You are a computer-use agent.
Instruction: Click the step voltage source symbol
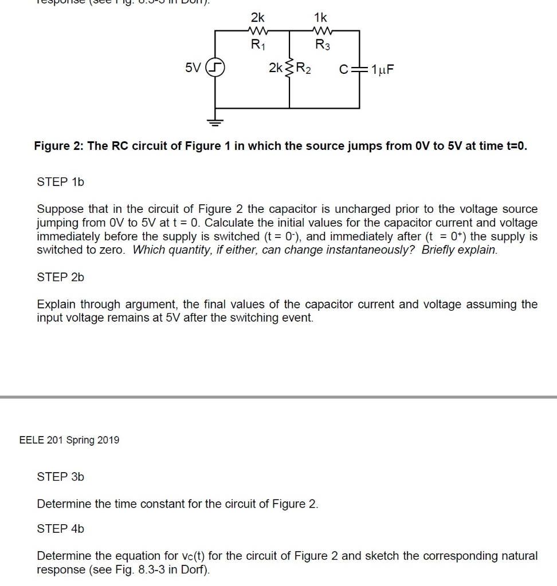pyautogui.click(x=215, y=69)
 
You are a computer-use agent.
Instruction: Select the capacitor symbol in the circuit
pyautogui.click(x=359, y=69)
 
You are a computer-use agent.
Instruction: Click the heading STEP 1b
pyautogui.click(x=60, y=182)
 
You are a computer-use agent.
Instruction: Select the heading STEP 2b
pyautogui.click(x=60, y=277)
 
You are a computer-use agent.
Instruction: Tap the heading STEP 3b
pyautogui.click(x=60, y=477)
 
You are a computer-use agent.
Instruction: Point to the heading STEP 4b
pyautogui.click(x=60, y=529)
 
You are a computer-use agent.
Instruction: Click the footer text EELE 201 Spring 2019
pyautogui.click(x=69, y=439)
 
